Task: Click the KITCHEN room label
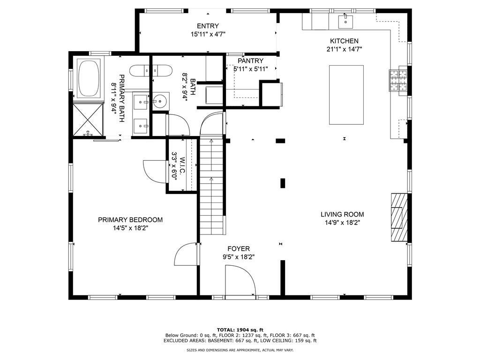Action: coord(344,41)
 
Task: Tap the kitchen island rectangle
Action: coord(346,95)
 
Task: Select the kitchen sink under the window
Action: coord(345,22)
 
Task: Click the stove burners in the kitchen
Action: coord(398,81)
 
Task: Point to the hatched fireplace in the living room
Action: coord(399,217)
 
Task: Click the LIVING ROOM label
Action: coord(342,215)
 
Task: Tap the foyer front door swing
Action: coord(240,281)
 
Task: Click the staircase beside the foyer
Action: coord(211,187)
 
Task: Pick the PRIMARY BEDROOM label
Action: coord(130,220)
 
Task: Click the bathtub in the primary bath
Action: coord(89,78)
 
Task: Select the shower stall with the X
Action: coord(88,120)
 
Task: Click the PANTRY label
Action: coord(250,61)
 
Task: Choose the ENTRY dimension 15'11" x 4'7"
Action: coord(208,34)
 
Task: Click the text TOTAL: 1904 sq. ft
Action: coord(240,330)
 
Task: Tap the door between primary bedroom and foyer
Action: coord(186,254)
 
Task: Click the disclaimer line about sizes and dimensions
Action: coord(240,350)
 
